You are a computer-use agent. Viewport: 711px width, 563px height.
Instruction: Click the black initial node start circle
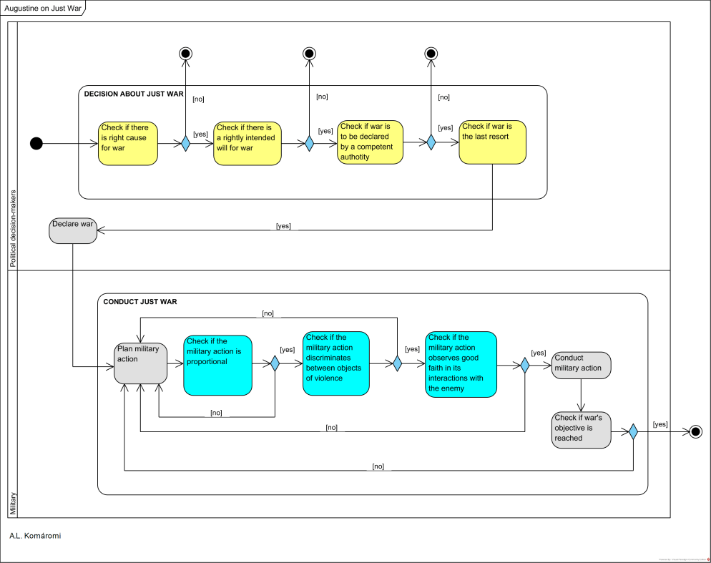tap(36, 144)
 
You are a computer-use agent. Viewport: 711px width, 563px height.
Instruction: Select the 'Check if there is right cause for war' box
tap(128, 143)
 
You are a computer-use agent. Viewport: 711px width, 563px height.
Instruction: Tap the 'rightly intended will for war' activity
tap(247, 143)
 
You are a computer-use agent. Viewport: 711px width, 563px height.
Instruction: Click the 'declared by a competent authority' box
tap(370, 143)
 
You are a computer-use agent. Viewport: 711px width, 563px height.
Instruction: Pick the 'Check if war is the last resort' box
tap(493, 142)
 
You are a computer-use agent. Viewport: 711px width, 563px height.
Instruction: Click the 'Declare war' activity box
tap(73, 230)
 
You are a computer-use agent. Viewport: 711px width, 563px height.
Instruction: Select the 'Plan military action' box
tap(141, 363)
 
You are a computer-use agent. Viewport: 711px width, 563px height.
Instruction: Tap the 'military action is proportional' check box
tap(217, 365)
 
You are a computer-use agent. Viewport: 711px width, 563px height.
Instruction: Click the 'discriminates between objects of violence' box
tap(335, 363)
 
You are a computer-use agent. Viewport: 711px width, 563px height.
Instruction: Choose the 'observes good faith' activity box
tap(461, 363)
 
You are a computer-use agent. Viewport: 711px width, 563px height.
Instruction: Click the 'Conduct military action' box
tap(582, 365)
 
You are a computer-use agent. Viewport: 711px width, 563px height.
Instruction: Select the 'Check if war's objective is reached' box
tap(582, 430)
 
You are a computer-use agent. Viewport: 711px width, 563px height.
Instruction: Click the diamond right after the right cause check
tap(185, 144)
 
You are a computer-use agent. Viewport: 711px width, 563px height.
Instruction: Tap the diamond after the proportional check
tap(275, 364)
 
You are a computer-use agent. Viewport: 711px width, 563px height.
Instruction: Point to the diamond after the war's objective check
tap(633, 431)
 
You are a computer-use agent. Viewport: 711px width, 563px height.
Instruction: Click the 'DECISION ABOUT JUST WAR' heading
tap(134, 94)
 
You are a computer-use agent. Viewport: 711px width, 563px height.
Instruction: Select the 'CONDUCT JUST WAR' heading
tap(140, 302)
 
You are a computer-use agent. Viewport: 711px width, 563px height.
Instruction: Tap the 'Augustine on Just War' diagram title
tap(42, 9)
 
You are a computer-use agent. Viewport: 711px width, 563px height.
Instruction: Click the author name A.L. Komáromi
tap(36, 535)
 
